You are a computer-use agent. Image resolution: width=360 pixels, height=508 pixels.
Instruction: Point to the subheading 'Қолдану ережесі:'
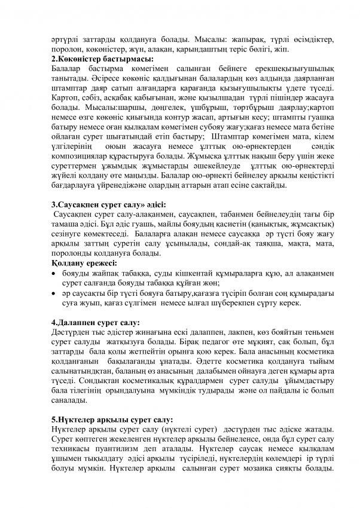pos(84,263)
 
